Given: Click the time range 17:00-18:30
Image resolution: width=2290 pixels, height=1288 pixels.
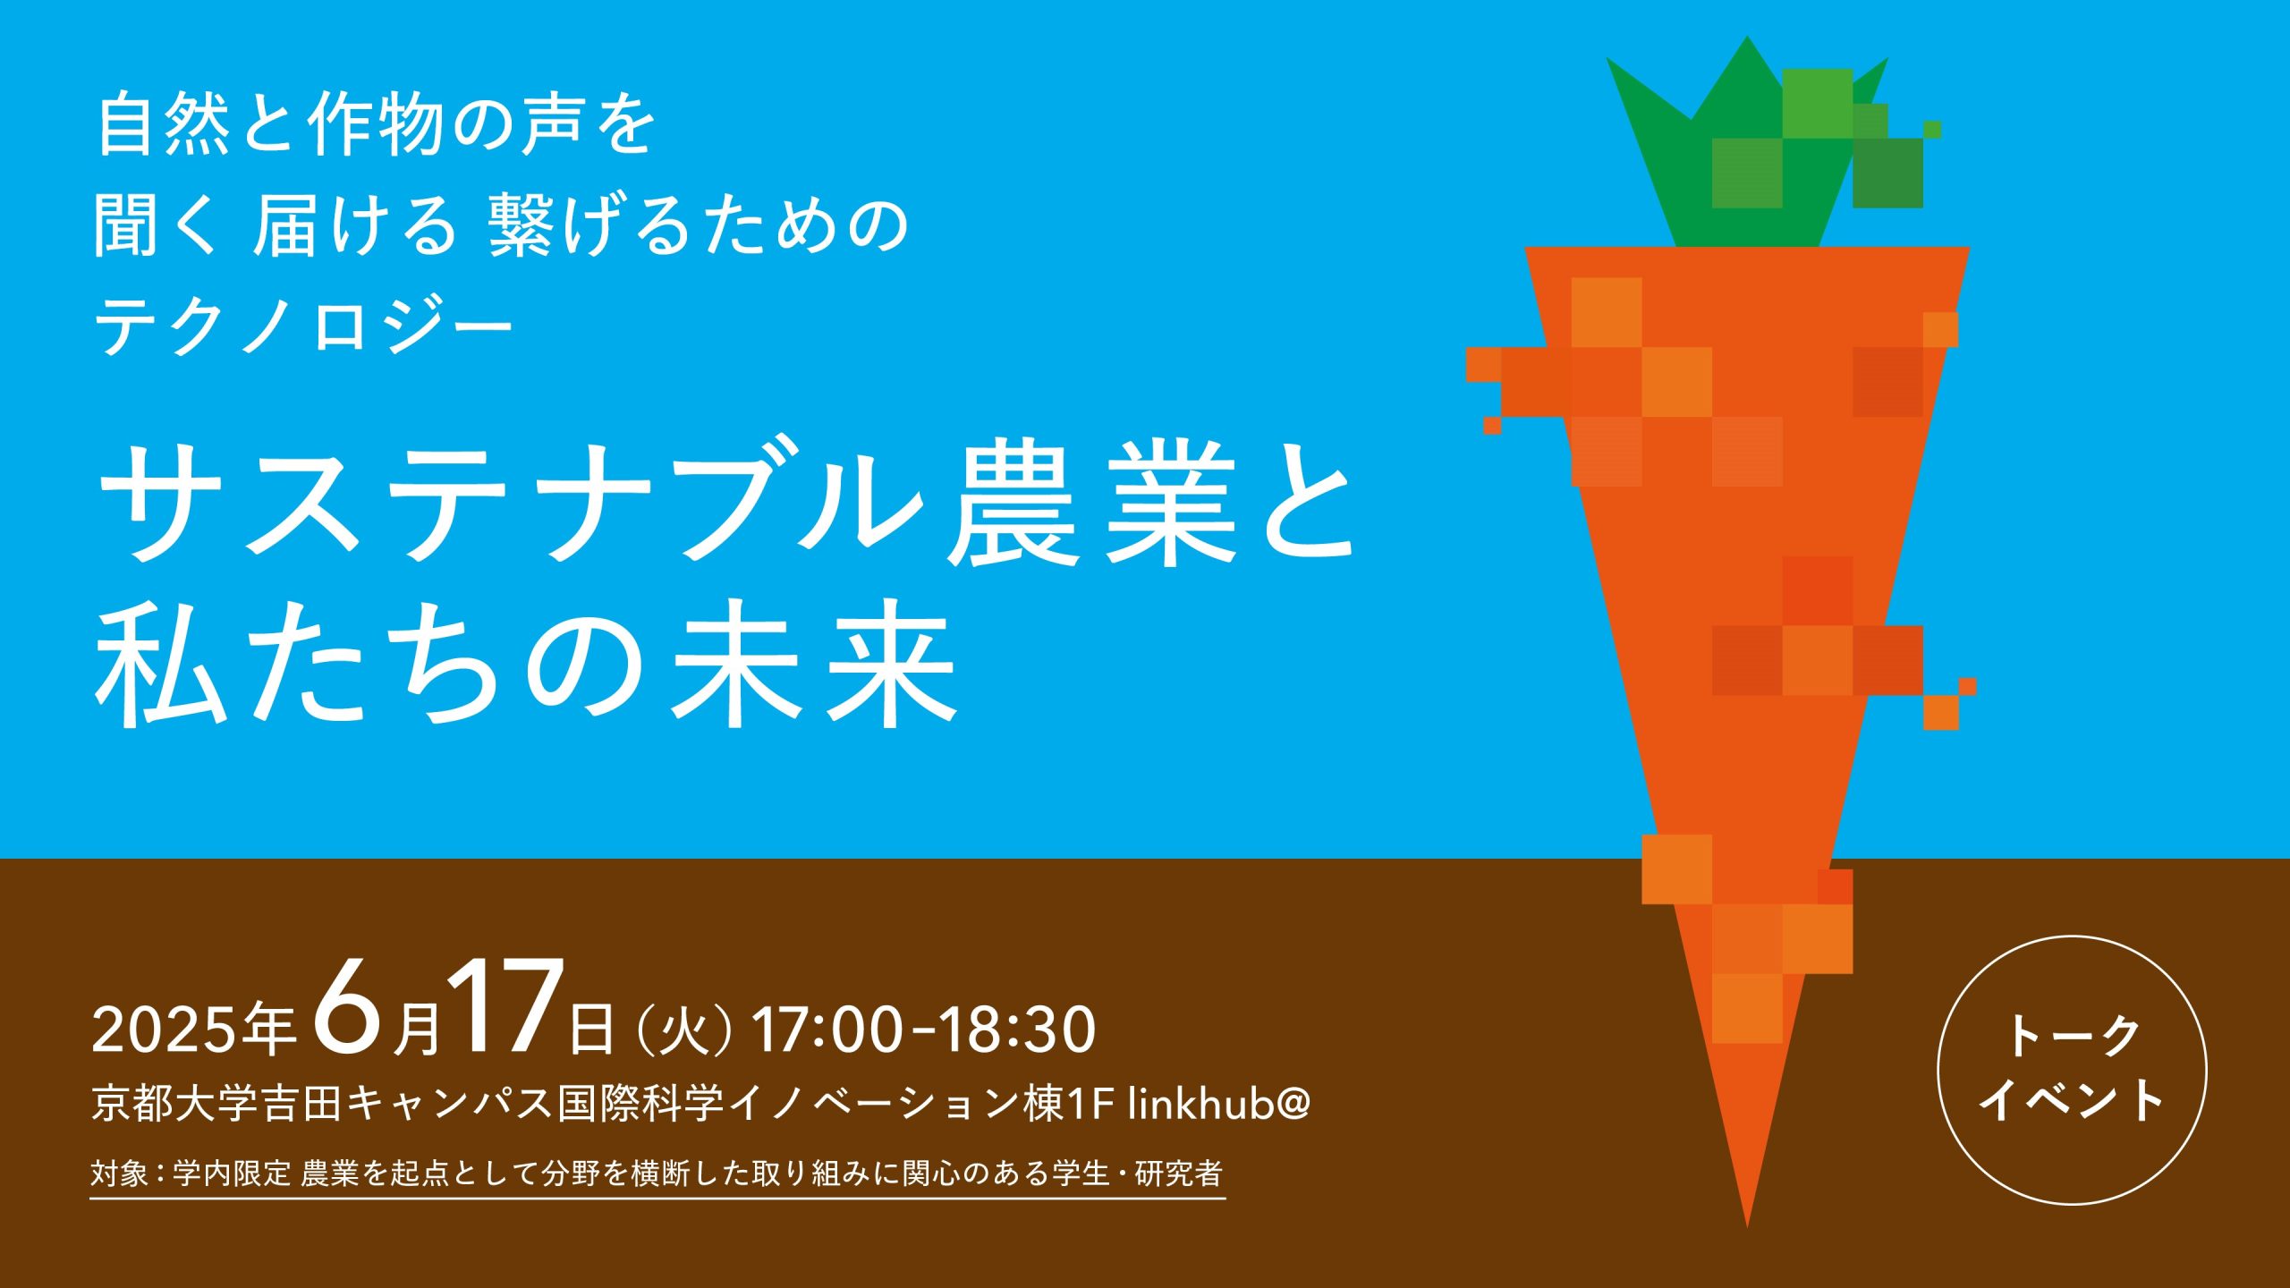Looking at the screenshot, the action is point(924,1030).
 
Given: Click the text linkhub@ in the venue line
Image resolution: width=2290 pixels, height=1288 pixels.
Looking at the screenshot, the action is point(1219,1104).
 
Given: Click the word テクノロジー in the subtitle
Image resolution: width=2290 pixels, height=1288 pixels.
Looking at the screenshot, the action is point(304,326).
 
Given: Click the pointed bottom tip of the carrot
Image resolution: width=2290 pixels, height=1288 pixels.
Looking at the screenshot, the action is point(1747,1225).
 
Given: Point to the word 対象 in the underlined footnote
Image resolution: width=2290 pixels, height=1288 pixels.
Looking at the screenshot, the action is point(119,1174).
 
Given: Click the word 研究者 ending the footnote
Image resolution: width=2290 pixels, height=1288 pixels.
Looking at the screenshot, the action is point(1179,1174).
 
